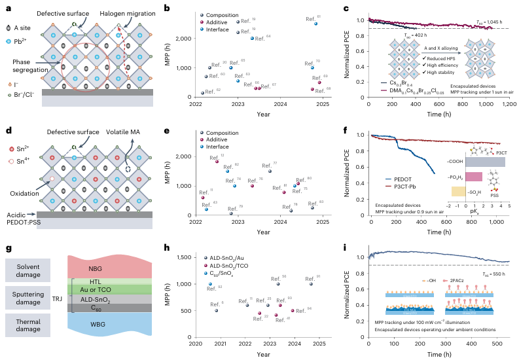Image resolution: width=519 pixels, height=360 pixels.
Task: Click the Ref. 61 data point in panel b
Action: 316,24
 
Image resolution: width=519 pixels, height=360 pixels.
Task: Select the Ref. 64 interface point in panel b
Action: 252,38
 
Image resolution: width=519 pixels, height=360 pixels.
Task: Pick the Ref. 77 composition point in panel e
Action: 269,170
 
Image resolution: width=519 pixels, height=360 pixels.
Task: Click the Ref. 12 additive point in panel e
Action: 217,161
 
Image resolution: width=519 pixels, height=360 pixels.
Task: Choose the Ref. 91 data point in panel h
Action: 311,283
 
